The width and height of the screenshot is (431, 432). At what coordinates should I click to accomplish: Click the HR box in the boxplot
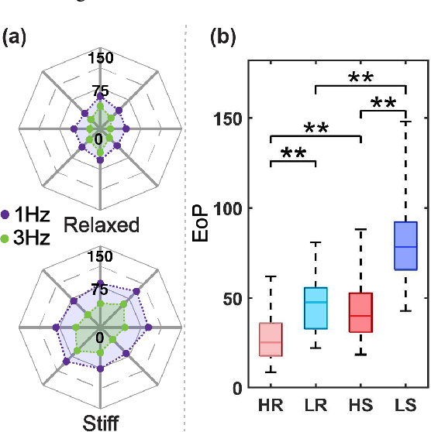point(271,339)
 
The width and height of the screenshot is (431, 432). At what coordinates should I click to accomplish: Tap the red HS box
point(360,313)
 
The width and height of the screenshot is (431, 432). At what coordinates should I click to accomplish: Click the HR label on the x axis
point(271,406)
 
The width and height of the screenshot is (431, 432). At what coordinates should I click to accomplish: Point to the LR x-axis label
point(315,406)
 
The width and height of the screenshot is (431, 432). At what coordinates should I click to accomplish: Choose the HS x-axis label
point(360,406)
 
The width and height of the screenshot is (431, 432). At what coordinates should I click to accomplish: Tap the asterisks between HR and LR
point(293,153)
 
